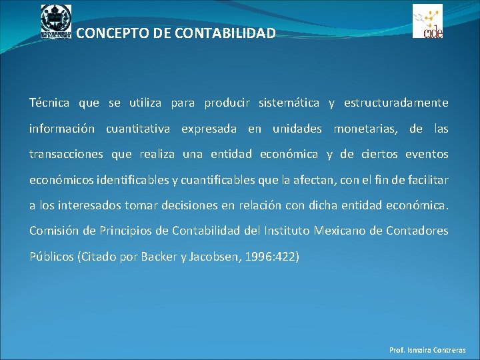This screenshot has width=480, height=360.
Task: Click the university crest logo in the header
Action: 56,21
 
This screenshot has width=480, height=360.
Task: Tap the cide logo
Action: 427,21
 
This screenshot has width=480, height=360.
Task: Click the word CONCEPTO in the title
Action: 109,33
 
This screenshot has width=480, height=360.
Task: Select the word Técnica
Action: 49,103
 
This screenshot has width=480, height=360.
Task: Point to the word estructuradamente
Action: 396,103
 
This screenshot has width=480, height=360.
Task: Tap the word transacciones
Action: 66,155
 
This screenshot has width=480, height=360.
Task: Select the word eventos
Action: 425,155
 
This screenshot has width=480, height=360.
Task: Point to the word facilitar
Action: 425,180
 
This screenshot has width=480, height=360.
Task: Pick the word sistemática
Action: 290,103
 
